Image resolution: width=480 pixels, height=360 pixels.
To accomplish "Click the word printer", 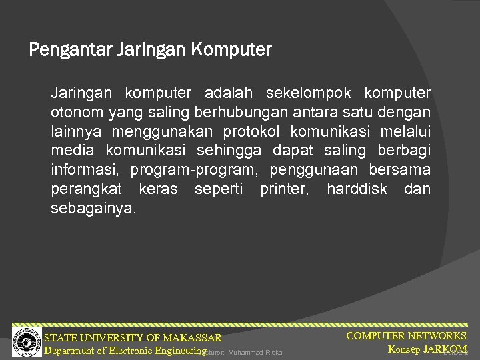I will coord(285,189).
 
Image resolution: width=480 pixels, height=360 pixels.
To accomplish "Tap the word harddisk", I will coord(357,189).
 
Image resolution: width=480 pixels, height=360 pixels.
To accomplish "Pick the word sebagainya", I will coord(93,209).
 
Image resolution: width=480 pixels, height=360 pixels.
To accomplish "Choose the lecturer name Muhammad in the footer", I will coord(246,353).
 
